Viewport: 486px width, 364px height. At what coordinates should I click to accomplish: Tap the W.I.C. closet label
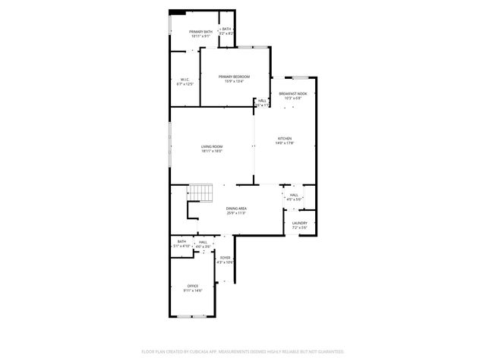click(185, 80)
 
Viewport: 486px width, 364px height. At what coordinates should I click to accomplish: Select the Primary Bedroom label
click(234, 77)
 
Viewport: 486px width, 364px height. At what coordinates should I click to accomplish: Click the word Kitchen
click(285, 139)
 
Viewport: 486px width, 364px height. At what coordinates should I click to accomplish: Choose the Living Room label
click(212, 146)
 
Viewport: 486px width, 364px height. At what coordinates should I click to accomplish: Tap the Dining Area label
click(236, 209)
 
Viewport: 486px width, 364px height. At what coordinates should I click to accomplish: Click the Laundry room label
click(299, 223)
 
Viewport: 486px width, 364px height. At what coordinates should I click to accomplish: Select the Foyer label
click(226, 258)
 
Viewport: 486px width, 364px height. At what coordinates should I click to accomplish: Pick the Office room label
click(193, 286)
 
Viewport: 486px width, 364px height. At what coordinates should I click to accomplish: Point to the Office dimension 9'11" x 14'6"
click(193, 290)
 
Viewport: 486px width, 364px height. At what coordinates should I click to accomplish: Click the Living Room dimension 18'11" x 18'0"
click(212, 151)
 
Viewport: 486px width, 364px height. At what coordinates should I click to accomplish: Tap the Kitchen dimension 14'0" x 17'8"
click(285, 143)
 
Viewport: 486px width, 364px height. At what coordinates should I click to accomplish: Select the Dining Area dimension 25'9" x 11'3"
click(236, 213)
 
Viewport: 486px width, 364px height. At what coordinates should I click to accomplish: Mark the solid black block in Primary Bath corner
click(177, 11)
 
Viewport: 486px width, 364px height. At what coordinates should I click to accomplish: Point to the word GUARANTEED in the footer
click(330, 352)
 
